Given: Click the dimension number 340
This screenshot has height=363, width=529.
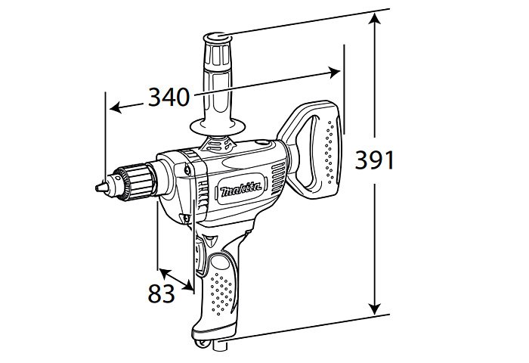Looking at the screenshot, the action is [x=169, y=98].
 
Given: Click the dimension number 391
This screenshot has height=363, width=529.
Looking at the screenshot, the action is [x=375, y=160].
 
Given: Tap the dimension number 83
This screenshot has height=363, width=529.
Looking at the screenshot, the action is [x=161, y=293].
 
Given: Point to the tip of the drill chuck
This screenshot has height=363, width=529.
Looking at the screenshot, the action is [x=96, y=188].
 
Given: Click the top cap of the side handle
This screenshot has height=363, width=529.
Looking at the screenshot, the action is [x=218, y=36].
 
